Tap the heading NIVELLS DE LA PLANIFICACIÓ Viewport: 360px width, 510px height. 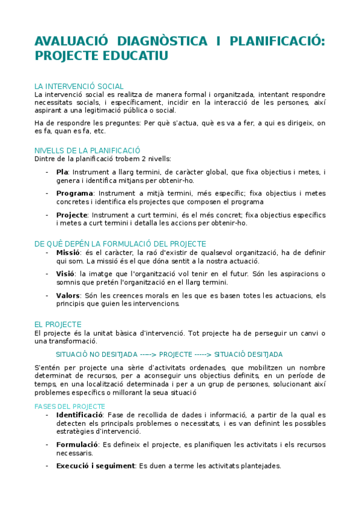click(87, 150)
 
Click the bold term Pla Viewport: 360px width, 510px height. click(62, 173)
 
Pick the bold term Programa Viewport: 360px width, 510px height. click(75, 194)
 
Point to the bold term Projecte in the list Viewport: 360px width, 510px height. click(72, 215)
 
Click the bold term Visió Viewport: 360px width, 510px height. click(66, 274)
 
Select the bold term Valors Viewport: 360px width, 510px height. click(68, 295)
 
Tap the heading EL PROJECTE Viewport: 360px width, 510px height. click(58, 324)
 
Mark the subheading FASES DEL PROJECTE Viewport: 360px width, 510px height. click(70, 407)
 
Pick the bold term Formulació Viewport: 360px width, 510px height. click(78, 444)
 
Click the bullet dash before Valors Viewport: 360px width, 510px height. click(47, 295)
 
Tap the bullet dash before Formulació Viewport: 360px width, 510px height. click(47, 444)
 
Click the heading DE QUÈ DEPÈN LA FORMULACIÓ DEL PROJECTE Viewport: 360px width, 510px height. click(120, 244)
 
